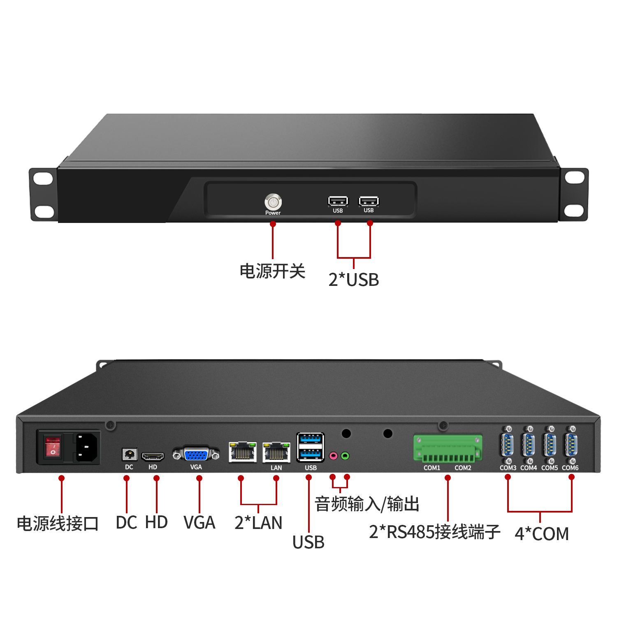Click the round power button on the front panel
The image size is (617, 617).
273,202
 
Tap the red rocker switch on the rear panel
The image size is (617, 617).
53,447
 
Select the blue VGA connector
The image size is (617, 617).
196,455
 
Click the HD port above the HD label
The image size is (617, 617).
153,456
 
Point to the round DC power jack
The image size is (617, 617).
130,455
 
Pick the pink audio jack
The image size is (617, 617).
334,456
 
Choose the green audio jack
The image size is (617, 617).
345,456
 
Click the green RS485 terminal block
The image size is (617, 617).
448,448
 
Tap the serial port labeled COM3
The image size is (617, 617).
507,445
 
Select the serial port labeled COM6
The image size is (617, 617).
571,445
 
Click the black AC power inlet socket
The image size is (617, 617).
87,447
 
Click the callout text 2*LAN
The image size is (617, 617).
258,523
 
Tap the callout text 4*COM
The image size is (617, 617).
542,534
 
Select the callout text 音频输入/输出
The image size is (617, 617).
367,504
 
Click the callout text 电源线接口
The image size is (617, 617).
58,524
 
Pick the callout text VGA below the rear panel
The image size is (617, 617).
199,523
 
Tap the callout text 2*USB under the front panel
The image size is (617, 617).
354,280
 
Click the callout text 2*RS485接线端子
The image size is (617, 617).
435,532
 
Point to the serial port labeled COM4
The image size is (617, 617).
529,445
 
